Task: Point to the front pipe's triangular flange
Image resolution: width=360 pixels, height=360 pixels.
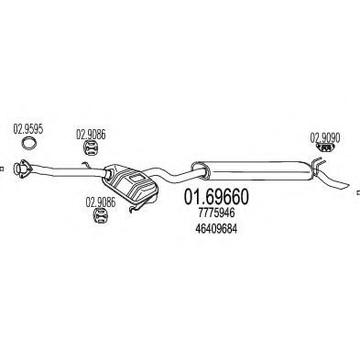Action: click(x=21, y=168)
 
